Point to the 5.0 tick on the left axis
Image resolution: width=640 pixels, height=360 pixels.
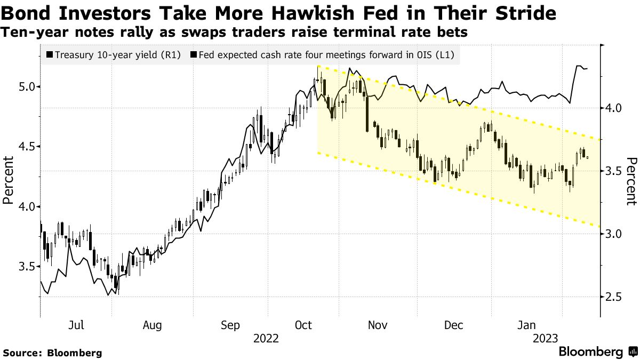pos(22,86)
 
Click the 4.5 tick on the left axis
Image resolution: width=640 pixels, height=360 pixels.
pos(22,146)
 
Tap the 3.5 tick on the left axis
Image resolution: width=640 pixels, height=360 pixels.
pos(22,266)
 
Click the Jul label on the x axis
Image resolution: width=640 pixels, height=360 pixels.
pos(77,325)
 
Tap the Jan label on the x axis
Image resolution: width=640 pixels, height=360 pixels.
pos(527,325)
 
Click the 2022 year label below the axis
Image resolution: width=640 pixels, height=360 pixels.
pos(266,338)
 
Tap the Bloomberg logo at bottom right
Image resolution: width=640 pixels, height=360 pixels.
pos(597,352)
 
